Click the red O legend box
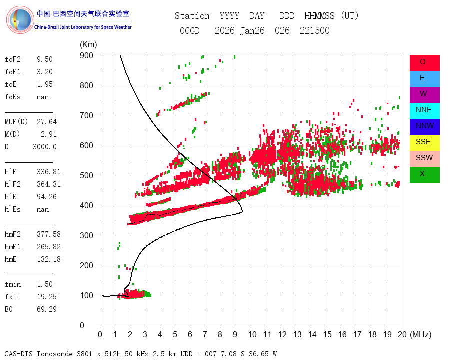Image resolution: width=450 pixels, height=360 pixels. click(x=424, y=63)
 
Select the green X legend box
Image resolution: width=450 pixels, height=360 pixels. click(x=424, y=175)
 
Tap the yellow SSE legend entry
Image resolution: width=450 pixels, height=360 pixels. click(x=424, y=143)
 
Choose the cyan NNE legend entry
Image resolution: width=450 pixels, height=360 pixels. click(x=424, y=111)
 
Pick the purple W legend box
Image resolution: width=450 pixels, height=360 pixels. click(x=424, y=94)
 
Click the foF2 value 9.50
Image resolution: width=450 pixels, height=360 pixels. click(x=45, y=59)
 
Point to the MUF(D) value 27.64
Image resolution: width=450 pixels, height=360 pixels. click(x=47, y=122)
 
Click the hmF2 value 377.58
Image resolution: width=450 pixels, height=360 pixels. click(x=49, y=234)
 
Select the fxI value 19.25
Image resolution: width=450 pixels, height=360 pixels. click(x=47, y=297)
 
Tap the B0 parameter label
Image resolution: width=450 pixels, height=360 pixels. click(x=9, y=309)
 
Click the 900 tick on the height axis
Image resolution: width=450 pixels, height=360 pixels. click(x=86, y=55)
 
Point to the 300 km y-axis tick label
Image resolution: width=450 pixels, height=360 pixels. click(x=86, y=235)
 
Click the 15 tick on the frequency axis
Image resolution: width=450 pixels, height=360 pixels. click(x=327, y=334)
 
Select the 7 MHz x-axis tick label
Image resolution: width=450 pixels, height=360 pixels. click(x=205, y=334)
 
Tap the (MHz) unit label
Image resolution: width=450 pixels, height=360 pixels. click(x=421, y=334)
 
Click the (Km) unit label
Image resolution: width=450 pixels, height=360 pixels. click(x=88, y=45)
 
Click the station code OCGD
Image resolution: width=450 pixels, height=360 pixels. click(x=190, y=30)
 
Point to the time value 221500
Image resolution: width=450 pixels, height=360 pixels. click(x=315, y=30)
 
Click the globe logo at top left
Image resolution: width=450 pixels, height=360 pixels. click(x=20, y=20)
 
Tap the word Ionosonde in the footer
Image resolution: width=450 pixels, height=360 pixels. click(x=54, y=354)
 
